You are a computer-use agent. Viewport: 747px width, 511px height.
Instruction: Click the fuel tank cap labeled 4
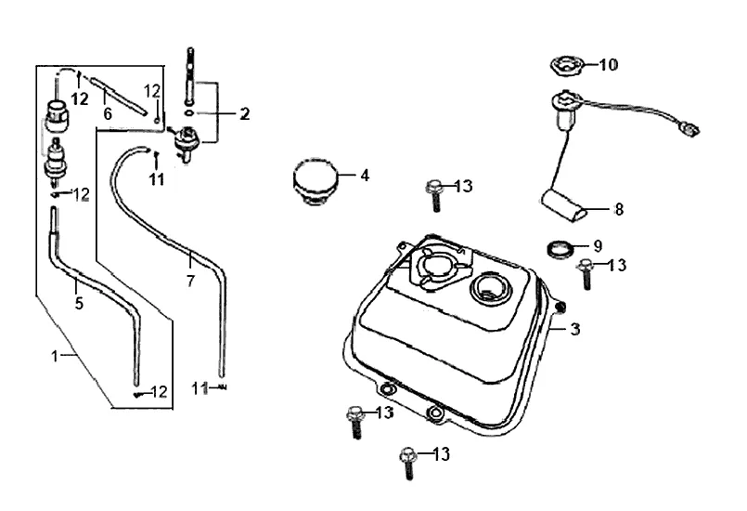(x=316, y=180)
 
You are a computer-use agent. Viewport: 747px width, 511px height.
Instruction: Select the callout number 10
(x=608, y=64)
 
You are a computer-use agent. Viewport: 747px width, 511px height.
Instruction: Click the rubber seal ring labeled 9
(x=559, y=249)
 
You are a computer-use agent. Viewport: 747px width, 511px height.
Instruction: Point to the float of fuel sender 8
(x=563, y=205)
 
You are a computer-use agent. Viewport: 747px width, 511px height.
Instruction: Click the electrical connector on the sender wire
(x=689, y=128)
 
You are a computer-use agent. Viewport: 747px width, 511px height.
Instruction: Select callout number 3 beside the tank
(x=575, y=329)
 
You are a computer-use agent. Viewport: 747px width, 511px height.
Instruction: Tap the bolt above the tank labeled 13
(x=434, y=195)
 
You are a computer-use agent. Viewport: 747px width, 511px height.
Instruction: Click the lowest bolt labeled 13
(x=408, y=463)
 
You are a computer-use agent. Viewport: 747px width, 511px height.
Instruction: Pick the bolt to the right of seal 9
(x=586, y=274)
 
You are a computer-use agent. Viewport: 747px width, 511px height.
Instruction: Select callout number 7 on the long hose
(x=190, y=281)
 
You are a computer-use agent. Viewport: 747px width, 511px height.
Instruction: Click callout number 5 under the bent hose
(x=79, y=303)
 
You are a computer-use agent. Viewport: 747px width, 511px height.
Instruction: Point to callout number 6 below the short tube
(x=108, y=113)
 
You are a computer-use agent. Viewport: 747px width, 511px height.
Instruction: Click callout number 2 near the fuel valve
(x=244, y=113)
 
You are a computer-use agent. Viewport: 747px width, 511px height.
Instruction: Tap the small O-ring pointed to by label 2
(x=189, y=113)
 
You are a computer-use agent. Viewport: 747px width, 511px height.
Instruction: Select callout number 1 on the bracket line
(x=55, y=356)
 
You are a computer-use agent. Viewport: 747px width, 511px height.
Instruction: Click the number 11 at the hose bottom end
(x=200, y=388)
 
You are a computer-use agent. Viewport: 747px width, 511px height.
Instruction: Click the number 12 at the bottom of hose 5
(x=159, y=392)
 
